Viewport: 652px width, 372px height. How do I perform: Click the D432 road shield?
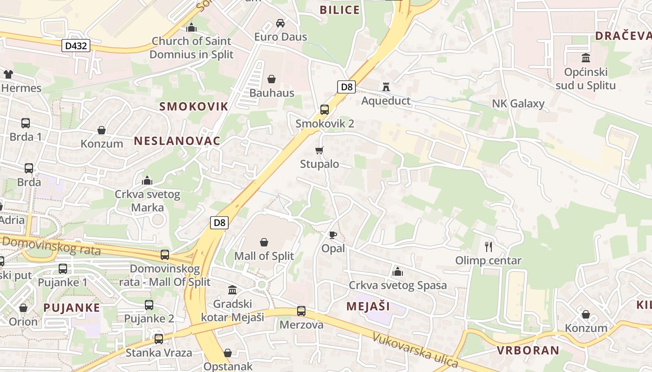click(x=76, y=46)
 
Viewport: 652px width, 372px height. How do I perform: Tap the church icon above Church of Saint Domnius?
click(x=191, y=27)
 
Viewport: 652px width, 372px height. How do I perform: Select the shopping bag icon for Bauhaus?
click(x=272, y=79)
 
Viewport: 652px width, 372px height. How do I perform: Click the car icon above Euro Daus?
click(x=280, y=23)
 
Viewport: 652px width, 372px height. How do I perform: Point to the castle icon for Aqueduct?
click(x=386, y=86)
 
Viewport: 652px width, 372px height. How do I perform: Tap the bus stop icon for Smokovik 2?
click(x=325, y=110)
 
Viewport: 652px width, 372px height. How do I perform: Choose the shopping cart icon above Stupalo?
click(x=319, y=150)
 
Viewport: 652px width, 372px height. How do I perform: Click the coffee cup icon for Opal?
click(x=333, y=235)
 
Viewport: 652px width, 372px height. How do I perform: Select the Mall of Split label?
click(x=264, y=256)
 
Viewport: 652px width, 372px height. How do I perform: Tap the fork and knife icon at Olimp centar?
click(x=489, y=246)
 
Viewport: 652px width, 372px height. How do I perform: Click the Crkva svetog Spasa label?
click(x=398, y=285)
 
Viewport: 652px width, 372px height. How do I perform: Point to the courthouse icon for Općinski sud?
click(x=586, y=58)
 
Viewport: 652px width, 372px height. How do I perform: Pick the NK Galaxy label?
click(x=518, y=103)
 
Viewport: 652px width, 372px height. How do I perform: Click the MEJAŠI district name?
click(x=368, y=306)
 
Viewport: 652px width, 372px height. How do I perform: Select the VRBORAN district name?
click(x=528, y=350)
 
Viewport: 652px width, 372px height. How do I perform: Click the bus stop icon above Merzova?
click(x=301, y=311)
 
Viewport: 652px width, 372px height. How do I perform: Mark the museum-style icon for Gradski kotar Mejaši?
click(x=232, y=290)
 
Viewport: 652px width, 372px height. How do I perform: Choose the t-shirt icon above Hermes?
click(x=8, y=74)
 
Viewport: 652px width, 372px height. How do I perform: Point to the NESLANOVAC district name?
click(x=177, y=141)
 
